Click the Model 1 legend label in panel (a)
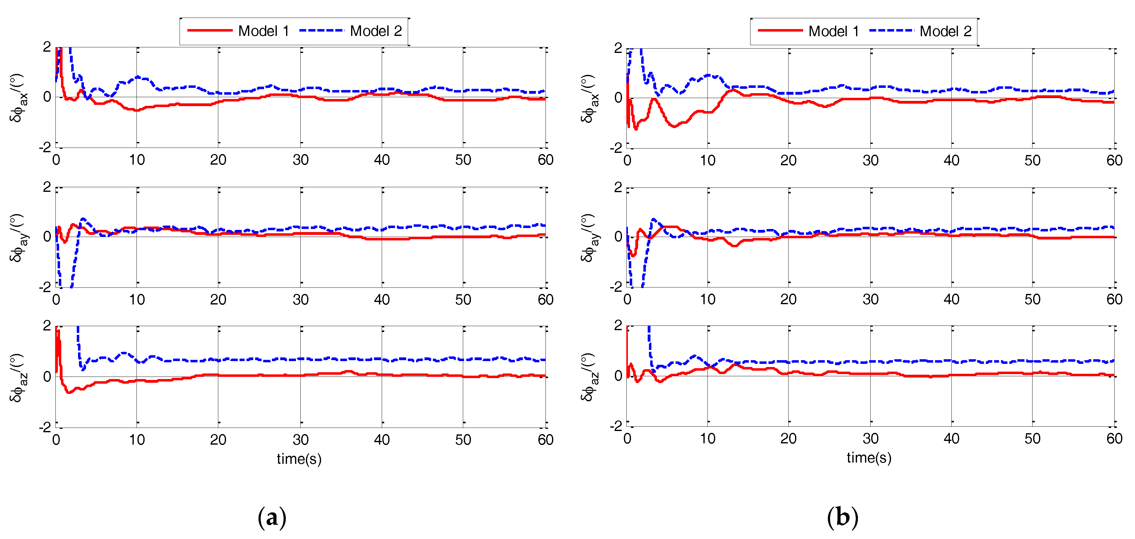coord(263,31)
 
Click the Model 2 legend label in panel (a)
coord(376,31)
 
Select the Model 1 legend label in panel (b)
coord(834,31)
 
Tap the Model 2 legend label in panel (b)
coord(946,31)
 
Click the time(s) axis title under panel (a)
coord(299,459)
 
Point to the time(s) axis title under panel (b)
coord(869,458)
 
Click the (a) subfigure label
coord(272,517)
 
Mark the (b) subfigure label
coord(842,517)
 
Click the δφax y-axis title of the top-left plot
coord(19,98)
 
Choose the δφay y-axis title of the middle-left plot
coord(19,238)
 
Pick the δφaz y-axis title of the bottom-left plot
coord(19,377)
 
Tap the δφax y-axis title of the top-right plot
coord(589,99)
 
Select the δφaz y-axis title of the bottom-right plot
coord(589,377)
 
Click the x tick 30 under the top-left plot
coord(301,160)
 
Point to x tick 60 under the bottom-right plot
coord(1114,439)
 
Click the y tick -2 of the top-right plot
coord(616,148)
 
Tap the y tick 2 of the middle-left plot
coord(47,187)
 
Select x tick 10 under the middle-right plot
coord(708,300)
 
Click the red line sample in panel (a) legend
coord(210,30)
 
